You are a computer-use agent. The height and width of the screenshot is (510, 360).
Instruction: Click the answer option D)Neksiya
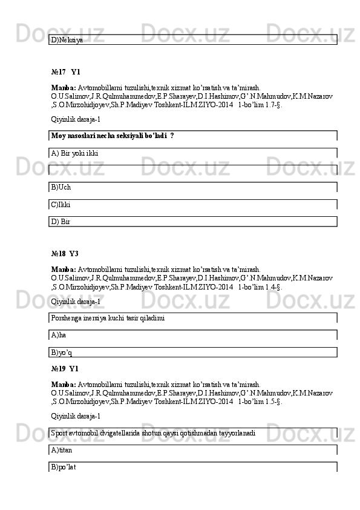(67, 39)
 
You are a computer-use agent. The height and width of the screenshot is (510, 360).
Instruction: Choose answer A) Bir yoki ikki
(74, 153)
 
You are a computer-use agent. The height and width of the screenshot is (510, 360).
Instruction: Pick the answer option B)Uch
(61, 187)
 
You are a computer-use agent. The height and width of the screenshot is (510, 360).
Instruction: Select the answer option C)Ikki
(61, 205)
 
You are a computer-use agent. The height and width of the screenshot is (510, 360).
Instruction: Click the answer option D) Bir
(61, 222)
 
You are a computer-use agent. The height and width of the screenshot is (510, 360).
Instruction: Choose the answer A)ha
(59, 334)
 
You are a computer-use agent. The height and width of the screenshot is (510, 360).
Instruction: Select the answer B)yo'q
(62, 352)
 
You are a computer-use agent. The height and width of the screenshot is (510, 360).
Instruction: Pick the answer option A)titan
(62, 450)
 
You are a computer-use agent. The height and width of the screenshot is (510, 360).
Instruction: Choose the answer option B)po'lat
(64, 467)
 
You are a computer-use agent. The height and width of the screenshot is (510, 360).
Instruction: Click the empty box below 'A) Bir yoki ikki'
(192, 170)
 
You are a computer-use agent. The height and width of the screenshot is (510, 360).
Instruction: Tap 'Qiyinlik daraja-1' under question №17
(76, 120)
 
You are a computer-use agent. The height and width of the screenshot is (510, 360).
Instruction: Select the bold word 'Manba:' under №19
(64, 384)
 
